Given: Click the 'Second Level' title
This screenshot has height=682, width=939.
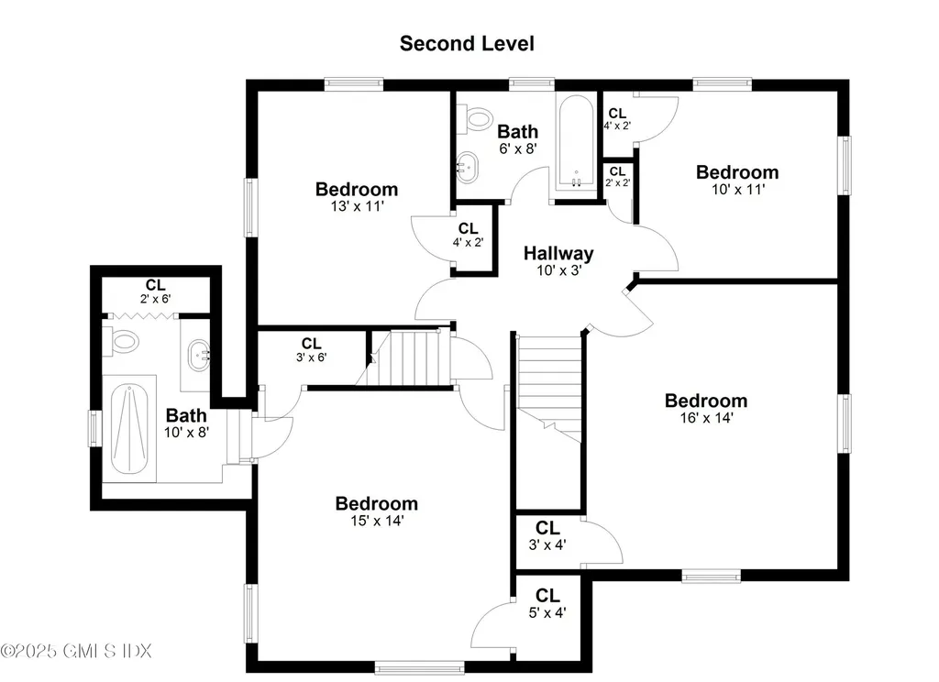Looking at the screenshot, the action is pyautogui.click(x=466, y=43).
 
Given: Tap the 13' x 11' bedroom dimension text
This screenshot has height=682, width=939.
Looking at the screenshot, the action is pyautogui.click(x=357, y=207).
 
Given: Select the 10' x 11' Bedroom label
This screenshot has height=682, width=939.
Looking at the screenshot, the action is pyautogui.click(x=736, y=172).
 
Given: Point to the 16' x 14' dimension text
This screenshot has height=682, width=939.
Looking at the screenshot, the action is pyautogui.click(x=705, y=417).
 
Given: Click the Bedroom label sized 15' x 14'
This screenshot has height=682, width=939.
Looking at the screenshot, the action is pyautogui.click(x=376, y=503).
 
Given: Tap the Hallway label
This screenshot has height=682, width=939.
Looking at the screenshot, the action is pyautogui.click(x=558, y=254).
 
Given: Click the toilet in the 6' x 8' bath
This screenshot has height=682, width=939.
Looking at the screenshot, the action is pyautogui.click(x=475, y=117).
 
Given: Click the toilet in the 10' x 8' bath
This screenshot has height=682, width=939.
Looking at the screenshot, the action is pyautogui.click(x=123, y=341).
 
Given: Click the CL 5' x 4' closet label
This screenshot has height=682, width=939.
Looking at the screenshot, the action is pyautogui.click(x=547, y=605).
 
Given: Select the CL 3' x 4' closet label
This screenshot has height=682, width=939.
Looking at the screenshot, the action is pyautogui.click(x=547, y=535).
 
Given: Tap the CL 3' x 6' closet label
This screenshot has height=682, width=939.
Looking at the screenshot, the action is pyautogui.click(x=312, y=350).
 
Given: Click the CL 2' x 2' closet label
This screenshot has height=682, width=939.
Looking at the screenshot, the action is pyautogui.click(x=617, y=176).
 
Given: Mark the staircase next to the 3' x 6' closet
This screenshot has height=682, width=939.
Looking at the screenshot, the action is pyautogui.click(x=413, y=358).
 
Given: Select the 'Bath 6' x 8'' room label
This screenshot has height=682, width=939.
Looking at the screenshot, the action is pyautogui.click(x=517, y=138).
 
